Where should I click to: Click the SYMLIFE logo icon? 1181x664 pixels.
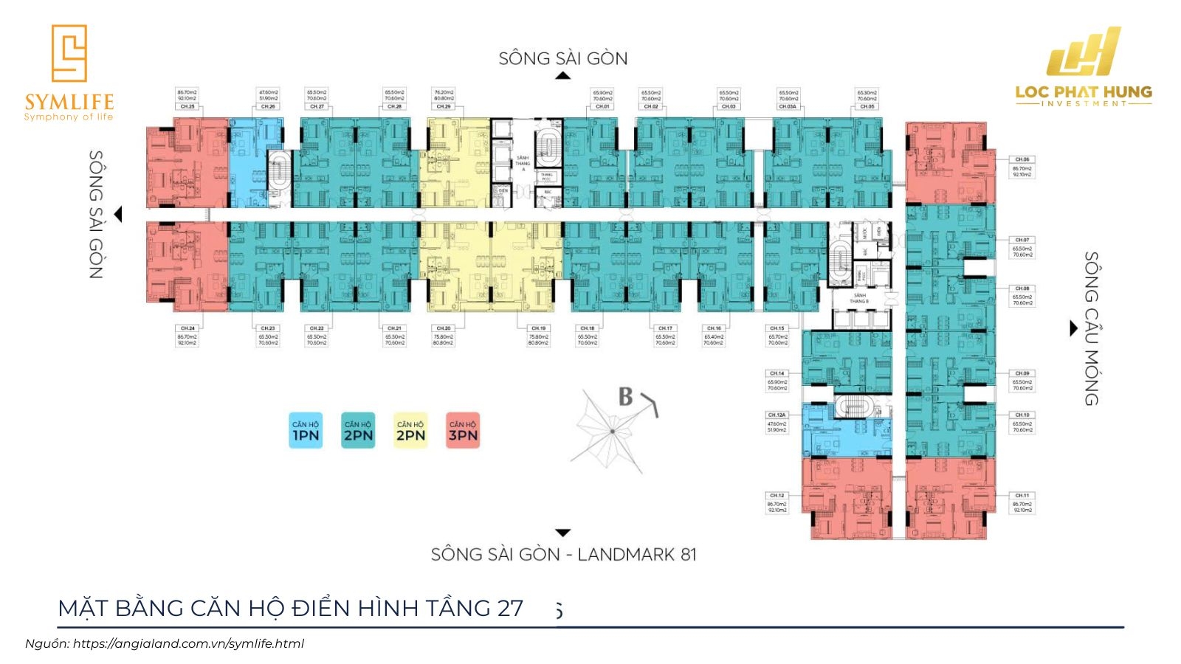69,52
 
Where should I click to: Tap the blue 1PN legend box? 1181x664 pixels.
306,431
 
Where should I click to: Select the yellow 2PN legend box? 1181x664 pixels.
410,431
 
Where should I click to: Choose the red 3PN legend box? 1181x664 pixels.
463,431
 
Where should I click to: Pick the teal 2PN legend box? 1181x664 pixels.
358,431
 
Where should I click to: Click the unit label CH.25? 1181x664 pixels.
187,107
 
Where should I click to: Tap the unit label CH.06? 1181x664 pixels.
1022,159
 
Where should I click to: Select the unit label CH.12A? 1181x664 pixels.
777,415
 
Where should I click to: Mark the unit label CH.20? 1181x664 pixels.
443,328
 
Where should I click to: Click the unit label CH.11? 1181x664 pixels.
1022,496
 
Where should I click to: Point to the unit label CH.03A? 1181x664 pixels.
788,107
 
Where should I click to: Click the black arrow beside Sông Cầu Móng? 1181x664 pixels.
1074,328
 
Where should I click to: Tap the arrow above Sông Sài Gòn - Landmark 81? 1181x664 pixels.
563,533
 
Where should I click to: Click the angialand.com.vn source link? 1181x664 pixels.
188,643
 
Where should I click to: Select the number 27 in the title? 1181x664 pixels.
510,608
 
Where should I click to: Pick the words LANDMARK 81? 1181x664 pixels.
637,554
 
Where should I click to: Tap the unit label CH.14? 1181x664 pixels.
777,373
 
